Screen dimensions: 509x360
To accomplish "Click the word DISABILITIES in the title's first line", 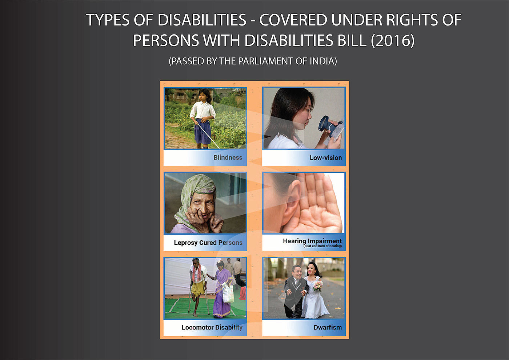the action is [202, 20].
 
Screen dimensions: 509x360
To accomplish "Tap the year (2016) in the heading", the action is [393, 41].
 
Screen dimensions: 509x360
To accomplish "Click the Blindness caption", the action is [228, 157].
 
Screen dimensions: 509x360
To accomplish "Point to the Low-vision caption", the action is [326, 158].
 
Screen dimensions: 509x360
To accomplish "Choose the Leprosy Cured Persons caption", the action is [208, 243].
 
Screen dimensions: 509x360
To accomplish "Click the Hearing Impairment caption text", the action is [312, 241].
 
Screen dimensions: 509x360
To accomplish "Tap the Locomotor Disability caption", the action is [212, 328].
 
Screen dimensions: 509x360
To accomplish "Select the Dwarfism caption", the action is [328, 328].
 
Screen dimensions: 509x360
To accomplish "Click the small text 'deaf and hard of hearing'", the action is [322, 246].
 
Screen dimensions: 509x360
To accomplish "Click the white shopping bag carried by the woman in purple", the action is [228, 293].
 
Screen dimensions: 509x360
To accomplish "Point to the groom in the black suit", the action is [295, 292].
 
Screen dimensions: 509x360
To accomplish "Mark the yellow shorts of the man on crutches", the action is [197, 289].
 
